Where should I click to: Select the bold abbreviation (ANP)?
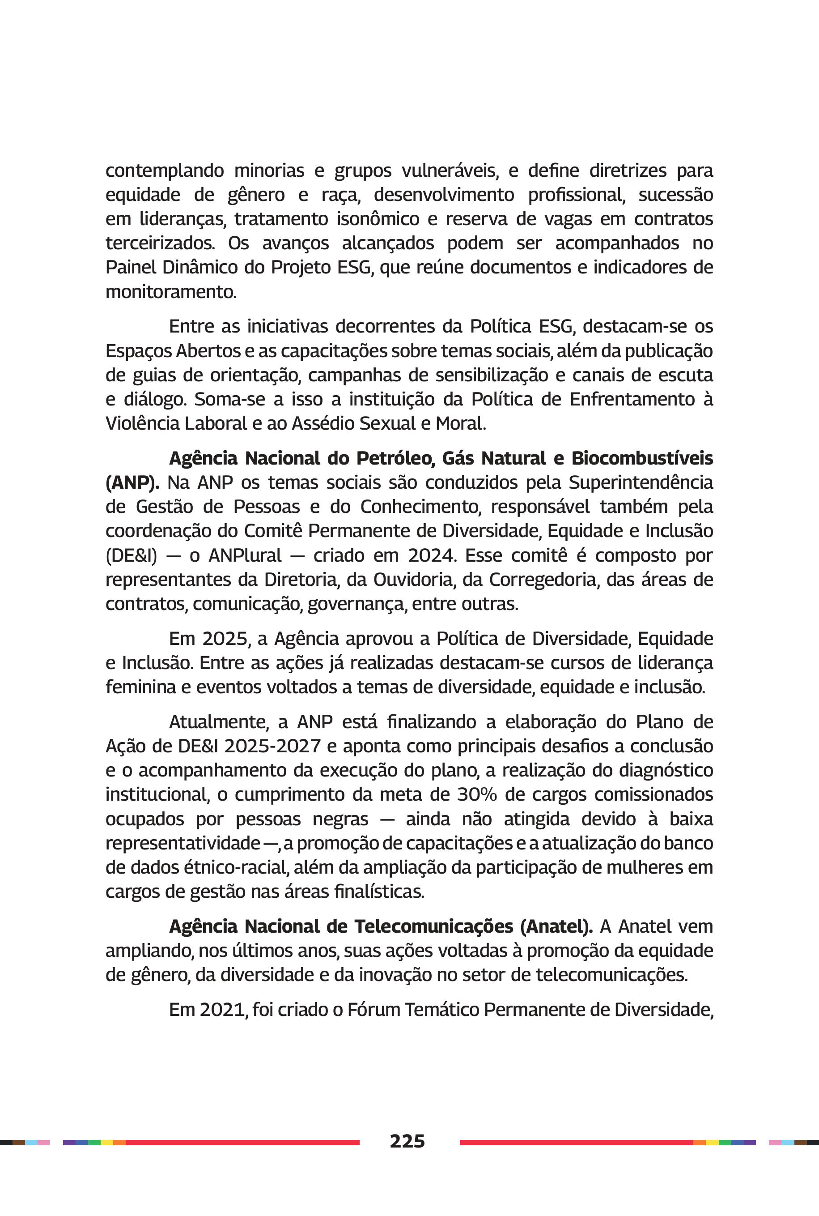tap(132, 482)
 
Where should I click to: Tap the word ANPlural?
tap(245, 555)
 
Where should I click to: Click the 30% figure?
tap(477, 794)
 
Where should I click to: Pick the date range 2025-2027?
tap(272, 746)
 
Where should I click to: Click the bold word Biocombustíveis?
tap(642, 458)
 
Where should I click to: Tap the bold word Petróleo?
tap(395, 458)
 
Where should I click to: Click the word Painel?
tap(131, 267)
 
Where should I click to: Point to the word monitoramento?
tap(171, 292)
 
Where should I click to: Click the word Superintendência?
tap(641, 482)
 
